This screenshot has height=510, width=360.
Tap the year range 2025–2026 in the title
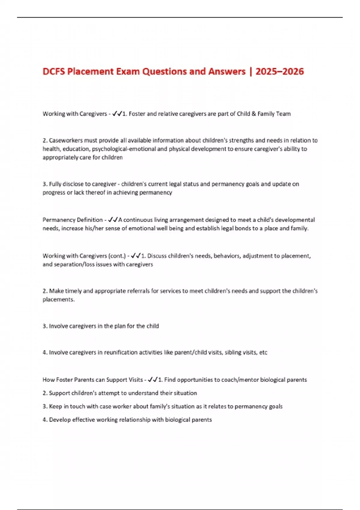(x=280, y=71)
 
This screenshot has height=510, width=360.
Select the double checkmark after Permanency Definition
(x=113, y=220)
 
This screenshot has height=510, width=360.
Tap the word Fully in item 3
(x=55, y=184)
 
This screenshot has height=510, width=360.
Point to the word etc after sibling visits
(x=263, y=352)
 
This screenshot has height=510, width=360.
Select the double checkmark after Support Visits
(x=153, y=380)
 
